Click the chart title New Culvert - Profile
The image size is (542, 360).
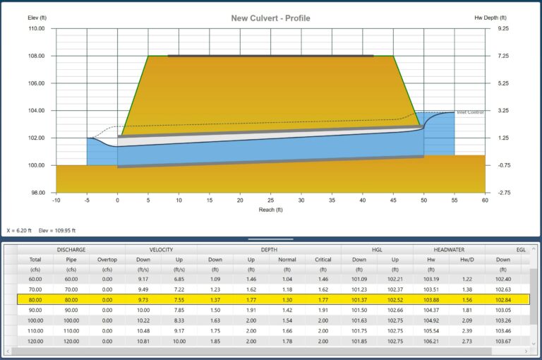(x=270, y=18)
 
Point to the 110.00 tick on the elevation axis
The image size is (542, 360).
(x=36, y=29)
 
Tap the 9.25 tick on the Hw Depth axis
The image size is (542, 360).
(x=502, y=29)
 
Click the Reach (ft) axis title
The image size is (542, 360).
(x=270, y=210)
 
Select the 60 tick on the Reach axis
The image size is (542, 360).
(x=485, y=200)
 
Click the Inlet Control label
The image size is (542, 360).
(x=471, y=112)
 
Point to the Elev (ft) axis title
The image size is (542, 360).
(x=37, y=18)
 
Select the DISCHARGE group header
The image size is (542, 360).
(x=71, y=249)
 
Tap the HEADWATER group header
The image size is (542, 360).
(x=448, y=249)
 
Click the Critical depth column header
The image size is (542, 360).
(x=323, y=259)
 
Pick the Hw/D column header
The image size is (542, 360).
(x=466, y=259)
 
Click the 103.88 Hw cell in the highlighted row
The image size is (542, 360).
(x=430, y=299)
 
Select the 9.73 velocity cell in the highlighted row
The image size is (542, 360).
(x=143, y=299)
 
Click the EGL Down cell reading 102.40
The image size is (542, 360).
(x=502, y=280)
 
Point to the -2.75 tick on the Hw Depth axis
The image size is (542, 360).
(x=502, y=193)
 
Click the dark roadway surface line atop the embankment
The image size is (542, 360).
(x=270, y=55)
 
